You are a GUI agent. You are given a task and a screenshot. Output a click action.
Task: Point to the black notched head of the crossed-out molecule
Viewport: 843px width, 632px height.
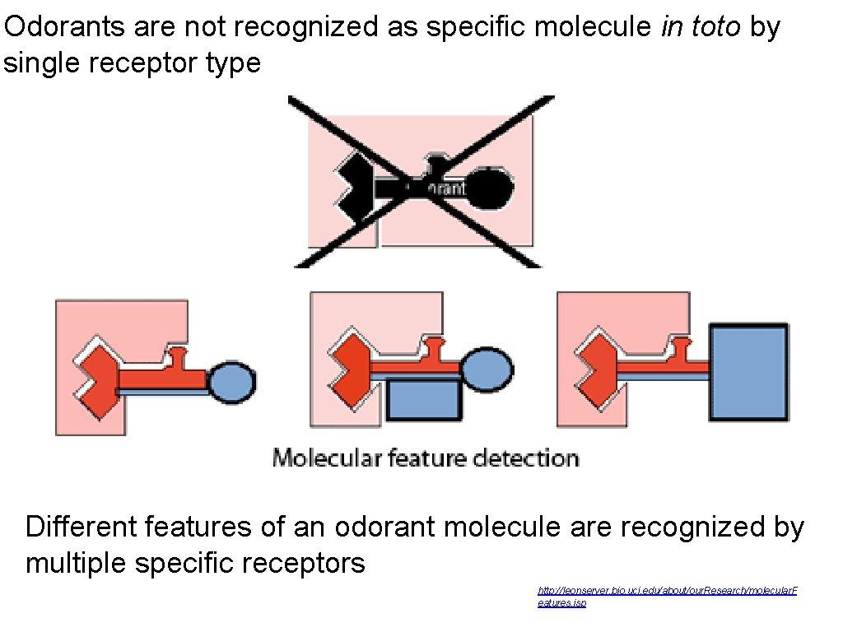pos(353,188)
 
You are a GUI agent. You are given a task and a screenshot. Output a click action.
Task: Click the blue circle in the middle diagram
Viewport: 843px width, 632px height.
pos(487,369)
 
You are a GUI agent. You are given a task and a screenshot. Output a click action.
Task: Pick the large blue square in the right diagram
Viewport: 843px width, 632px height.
pos(748,372)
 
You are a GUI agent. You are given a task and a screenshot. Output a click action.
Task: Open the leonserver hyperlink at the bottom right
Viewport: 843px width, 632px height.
pos(667,592)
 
